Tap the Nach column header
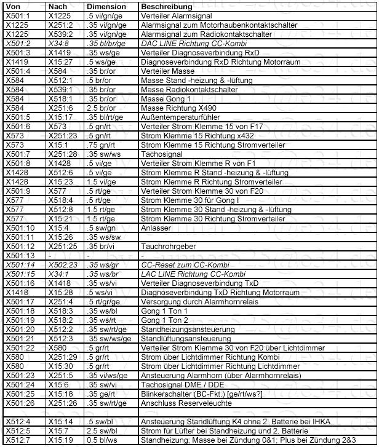pyautogui.click(x=58, y=5)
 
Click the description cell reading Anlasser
pyautogui.click(x=156, y=227)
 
